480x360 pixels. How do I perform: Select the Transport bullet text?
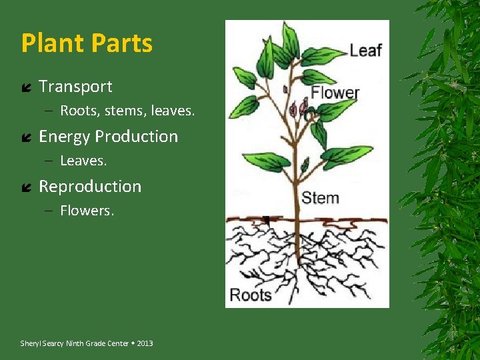(x=75, y=87)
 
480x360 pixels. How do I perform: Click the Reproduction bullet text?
(x=90, y=187)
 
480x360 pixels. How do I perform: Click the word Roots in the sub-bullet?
(x=79, y=111)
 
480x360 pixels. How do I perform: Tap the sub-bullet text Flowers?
(x=87, y=211)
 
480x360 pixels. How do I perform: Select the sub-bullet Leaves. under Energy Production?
(x=83, y=161)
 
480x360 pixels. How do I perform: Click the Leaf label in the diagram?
(x=366, y=50)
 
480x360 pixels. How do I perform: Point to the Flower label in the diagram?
(x=335, y=93)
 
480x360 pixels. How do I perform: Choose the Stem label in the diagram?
(x=321, y=198)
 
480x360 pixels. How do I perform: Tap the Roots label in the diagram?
(x=251, y=295)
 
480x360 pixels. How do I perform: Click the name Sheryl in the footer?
(x=31, y=343)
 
